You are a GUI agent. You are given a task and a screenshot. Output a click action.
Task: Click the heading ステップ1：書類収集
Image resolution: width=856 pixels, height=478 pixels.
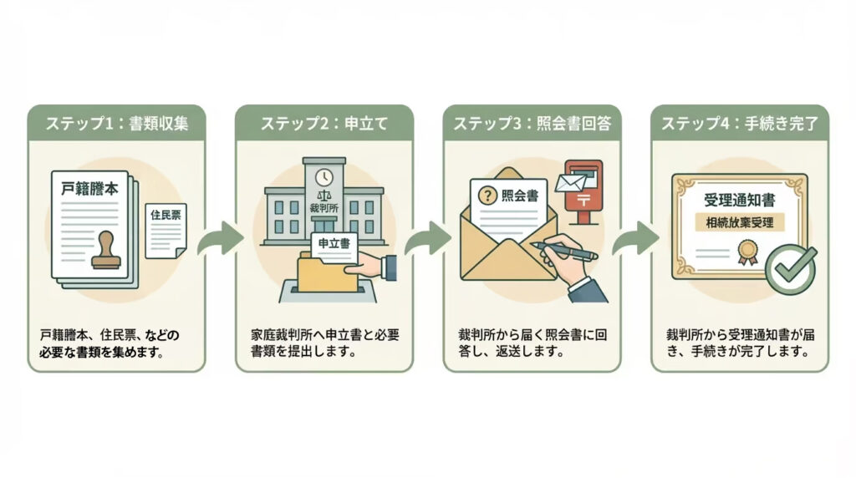tap(116, 123)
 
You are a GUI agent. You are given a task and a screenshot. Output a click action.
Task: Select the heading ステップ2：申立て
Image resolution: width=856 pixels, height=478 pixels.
tap(324, 123)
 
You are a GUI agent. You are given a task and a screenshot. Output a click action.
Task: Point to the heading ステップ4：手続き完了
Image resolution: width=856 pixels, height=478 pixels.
tap(739, 123)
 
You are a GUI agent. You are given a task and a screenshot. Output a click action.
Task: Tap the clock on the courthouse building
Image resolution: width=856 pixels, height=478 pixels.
tap(324, 177)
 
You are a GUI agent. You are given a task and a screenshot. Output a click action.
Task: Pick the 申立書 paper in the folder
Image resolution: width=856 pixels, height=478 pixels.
tap(334, 243)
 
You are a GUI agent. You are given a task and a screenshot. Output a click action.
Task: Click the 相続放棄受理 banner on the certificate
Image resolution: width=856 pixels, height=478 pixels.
tap(739, 223)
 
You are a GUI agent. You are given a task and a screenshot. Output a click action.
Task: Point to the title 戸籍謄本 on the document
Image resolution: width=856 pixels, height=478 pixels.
tap(90, 189)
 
